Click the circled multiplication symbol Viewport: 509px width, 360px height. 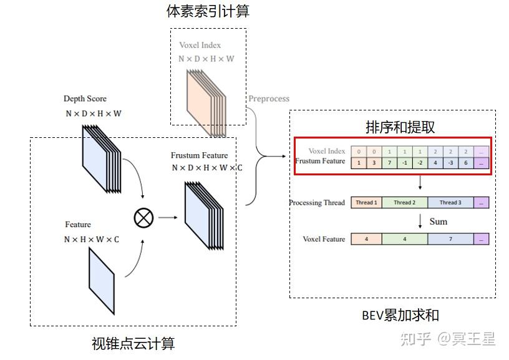[143, 218]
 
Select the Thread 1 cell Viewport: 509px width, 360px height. [366, 203]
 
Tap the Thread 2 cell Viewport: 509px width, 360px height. [404, 203]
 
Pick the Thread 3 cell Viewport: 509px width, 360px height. [450, 203]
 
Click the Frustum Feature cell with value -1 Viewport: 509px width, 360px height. [404, 163]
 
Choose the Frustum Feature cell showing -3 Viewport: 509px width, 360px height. [450, 163]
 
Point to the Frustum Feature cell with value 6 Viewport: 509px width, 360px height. [465, 163]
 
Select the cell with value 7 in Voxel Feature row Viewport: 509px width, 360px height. [450, 239]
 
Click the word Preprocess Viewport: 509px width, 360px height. [269, 99]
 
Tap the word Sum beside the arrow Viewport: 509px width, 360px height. [438, 221]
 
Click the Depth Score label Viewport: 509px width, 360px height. [85, 99]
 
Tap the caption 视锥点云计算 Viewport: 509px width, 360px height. [133, 343]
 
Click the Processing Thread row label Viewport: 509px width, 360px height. [317, 203]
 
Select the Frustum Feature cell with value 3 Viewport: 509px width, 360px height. [374, 163]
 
